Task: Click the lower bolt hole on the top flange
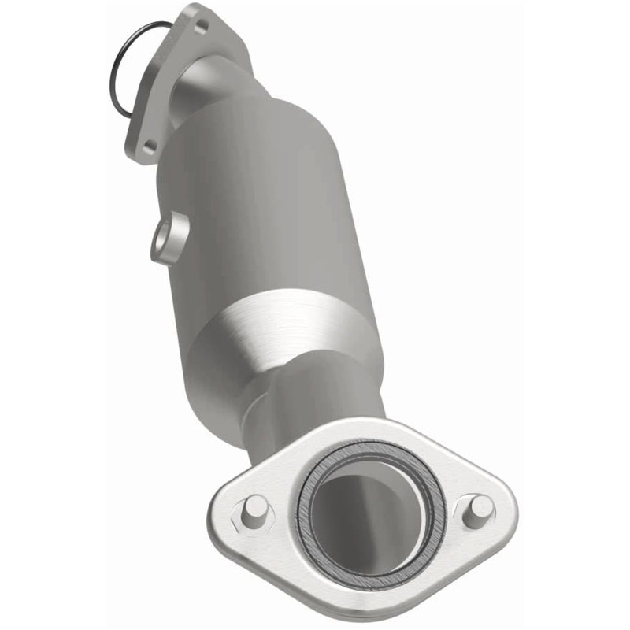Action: click(x=149, y=144)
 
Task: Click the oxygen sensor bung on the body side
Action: click(x=168, y=239)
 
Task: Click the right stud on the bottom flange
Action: click(x=477, y=511)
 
